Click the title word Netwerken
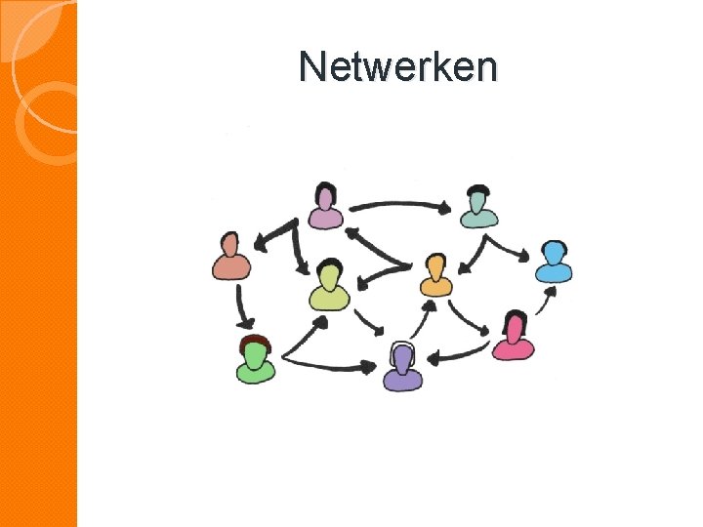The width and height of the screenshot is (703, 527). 398,66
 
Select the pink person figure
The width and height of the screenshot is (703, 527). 513,338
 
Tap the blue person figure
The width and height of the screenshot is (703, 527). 554,262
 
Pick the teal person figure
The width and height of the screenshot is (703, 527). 477,208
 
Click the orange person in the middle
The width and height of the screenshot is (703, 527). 436,276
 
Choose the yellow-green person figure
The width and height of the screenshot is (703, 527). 329,286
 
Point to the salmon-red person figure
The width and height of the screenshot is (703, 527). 231,258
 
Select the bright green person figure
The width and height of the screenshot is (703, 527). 256,360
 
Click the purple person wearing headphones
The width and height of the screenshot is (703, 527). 401,369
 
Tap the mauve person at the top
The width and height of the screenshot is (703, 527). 326,207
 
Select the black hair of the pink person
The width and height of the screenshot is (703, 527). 517,318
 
